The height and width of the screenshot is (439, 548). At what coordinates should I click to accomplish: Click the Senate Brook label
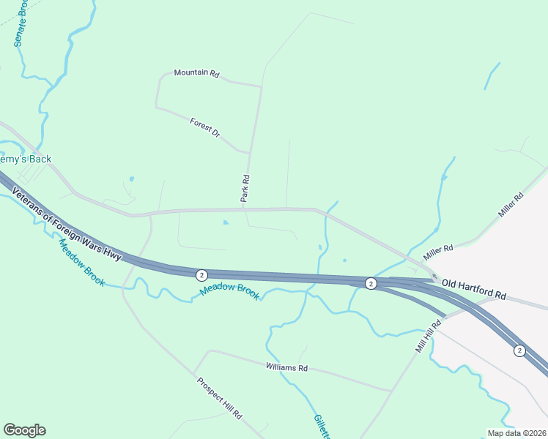(21, 23)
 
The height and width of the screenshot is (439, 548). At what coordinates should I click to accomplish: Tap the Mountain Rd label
(196, 73)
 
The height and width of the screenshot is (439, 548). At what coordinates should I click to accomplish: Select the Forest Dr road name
(204, 127)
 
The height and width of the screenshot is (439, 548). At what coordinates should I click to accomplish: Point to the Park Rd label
(246, 187)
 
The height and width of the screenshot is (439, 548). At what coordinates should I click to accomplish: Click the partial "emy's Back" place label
(26, 159)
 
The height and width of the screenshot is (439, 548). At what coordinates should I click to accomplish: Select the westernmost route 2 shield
(201, 275)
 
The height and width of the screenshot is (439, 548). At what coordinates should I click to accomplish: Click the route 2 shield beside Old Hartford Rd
(371, 283)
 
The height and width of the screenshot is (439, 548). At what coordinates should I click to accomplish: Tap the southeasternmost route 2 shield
(519, 350)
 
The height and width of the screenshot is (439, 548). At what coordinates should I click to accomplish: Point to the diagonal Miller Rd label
(511, 205)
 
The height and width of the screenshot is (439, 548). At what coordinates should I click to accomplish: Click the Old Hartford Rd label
(474, 289)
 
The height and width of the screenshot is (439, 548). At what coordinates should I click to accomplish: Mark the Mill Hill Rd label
(430, 336)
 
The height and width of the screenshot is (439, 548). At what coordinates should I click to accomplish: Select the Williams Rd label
(286, 367)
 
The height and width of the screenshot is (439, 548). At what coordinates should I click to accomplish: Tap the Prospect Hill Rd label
(219, 397)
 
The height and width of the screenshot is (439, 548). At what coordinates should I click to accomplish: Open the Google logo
(24, 430)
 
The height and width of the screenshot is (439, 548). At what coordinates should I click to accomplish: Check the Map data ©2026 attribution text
(516, 433)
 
